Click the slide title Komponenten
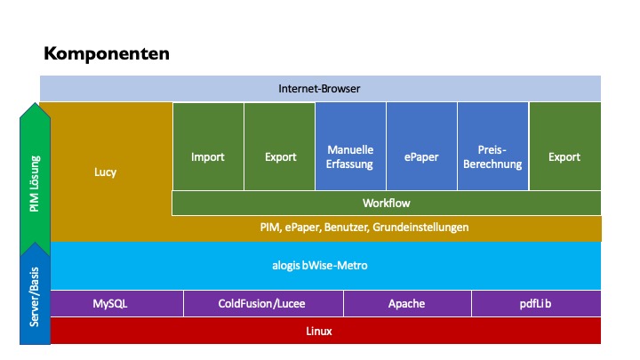[107, 53]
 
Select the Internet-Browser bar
[319, 88]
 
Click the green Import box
[207, 157]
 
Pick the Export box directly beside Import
[280, 157]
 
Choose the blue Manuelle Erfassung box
[350, 157]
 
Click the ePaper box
[421, 157]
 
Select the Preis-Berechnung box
[492, 157]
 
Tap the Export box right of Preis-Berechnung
[564, 157]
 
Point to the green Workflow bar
[386, 203]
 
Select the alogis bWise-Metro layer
[320, 265]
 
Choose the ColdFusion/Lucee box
[262, 303]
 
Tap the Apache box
[406, 303]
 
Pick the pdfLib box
[535, 303]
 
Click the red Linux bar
[320, 331]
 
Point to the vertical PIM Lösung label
[35, 184]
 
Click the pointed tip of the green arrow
[35, 105]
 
